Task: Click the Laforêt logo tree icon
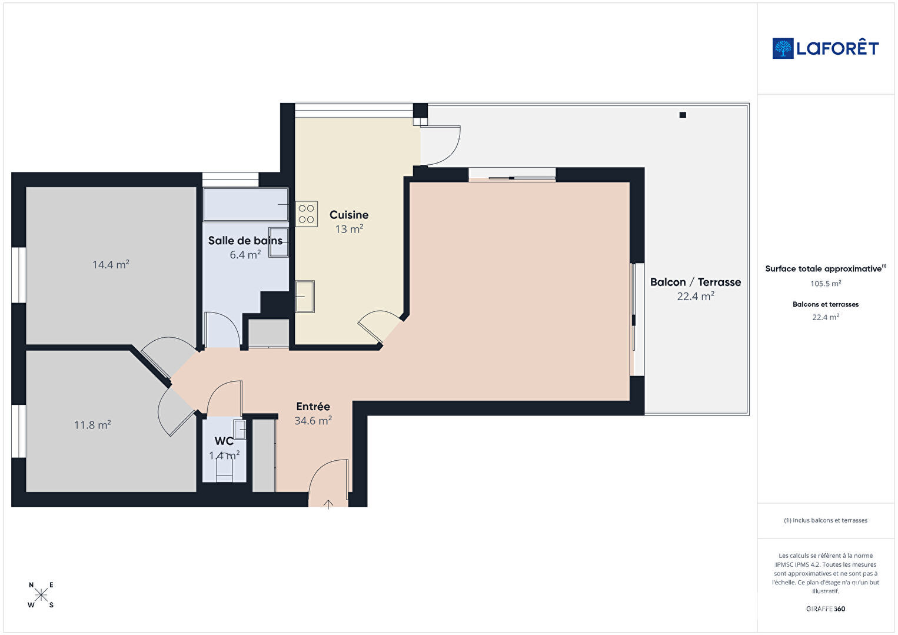point(783,48)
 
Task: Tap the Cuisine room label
point(349,215)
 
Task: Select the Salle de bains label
point(245,241)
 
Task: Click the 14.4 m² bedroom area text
point(111,265)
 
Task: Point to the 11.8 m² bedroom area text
point(92,424)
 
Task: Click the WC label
point(224,441)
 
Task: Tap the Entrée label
point(313,406)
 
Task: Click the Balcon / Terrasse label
point(696,282)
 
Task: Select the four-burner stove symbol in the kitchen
point(306,214)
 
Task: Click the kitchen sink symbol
point(305,296)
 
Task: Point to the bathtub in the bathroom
point(245,204)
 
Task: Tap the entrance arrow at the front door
point(328,504)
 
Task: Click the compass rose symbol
point(41,595)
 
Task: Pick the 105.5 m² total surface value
point(826,284)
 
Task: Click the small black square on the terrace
point(683,115)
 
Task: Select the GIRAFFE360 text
point(826,609)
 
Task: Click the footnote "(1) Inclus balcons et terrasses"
point(826,520)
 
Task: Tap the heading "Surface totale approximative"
point(823,268)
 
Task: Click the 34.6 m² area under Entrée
point(313,421)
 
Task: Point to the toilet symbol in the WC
point(224,469)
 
